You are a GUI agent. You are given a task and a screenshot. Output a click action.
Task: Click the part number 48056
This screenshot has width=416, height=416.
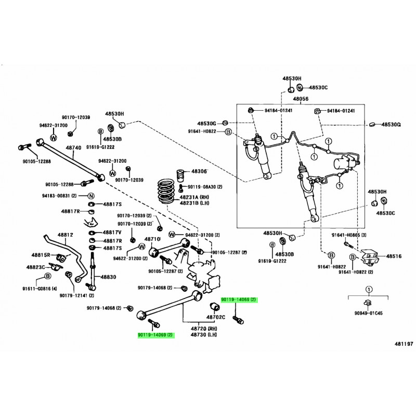tap(301, 99)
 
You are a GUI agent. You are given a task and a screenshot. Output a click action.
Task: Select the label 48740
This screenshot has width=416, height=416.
tap(73, 148)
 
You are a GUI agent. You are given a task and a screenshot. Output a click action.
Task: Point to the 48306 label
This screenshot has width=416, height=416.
tap(199, 172)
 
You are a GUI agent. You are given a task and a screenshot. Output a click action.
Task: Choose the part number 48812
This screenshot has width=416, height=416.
tap(65, 236)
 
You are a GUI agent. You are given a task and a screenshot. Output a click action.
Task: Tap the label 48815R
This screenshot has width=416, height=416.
tap(40, 255)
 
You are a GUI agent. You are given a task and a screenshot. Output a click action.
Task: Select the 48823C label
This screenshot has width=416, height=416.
tap(37, 267)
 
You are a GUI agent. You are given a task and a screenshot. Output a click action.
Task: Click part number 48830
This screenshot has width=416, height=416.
tap(109, 277)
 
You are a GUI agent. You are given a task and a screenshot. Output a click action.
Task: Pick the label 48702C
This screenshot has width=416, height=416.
tap(215, 317)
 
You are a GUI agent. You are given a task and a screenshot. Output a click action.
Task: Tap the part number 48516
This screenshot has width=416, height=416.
tap(393, 256)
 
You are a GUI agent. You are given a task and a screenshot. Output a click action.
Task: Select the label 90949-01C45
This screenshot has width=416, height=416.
tap(368, 313)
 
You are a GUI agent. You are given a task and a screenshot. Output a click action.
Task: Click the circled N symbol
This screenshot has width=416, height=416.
tap(90, 196)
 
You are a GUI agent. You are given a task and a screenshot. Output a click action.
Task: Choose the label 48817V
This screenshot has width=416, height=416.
tap(112, 232)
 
